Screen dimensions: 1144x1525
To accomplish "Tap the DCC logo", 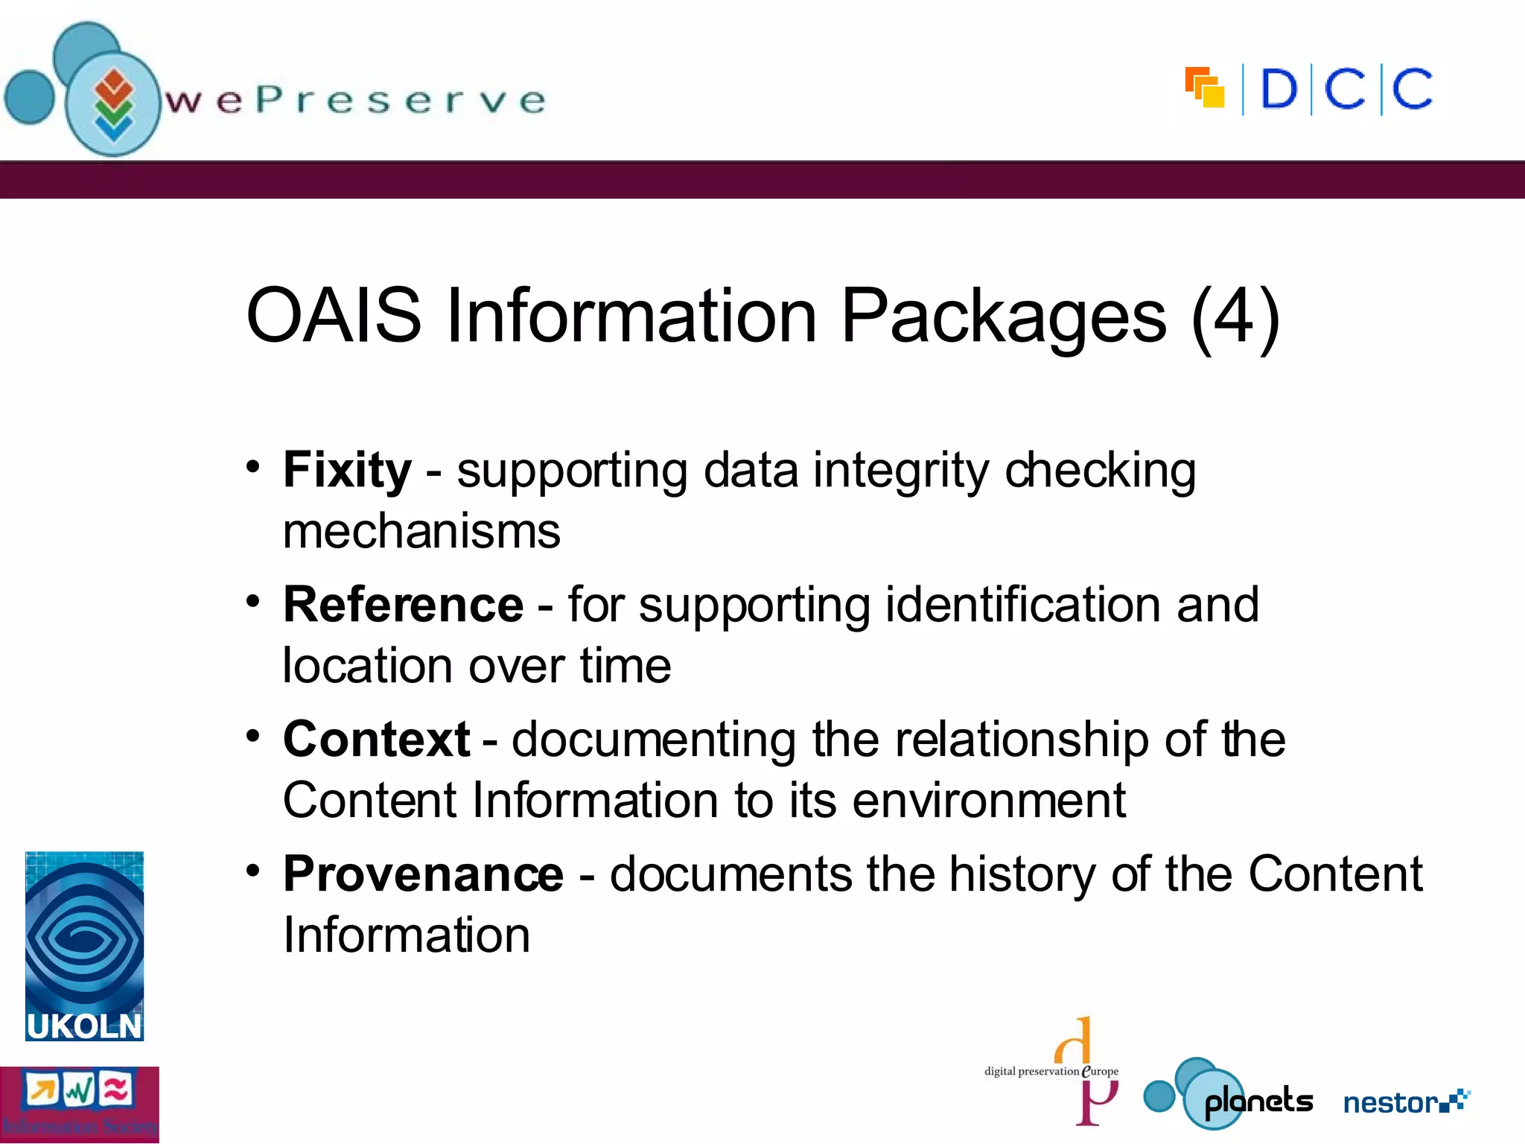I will point(1309,89).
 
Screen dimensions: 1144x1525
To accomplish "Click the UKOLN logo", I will point(84,946).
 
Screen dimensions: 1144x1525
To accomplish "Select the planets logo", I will point(1229,1095).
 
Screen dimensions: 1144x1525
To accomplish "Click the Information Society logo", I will point(79,1105).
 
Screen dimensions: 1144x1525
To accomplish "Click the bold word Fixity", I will point(347,471).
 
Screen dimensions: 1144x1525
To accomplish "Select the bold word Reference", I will point(403,604).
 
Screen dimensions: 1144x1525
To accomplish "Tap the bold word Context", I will point(376,739).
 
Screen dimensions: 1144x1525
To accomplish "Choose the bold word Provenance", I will point(423,874).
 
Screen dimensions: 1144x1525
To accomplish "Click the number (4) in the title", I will point(1235,317).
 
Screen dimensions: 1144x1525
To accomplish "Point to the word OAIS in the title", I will point(334,317).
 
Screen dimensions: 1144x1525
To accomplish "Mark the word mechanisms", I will point(421,531).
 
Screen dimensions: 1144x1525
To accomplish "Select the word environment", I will point(989,801).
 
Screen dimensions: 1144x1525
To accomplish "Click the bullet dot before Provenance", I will point(253,870).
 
